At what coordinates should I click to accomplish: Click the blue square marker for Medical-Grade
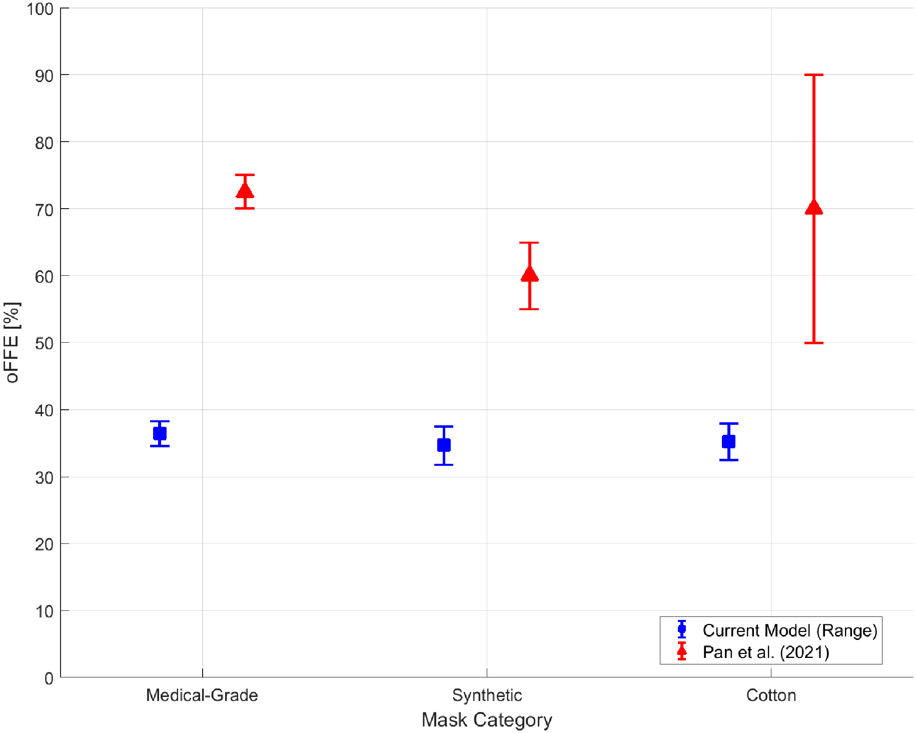point(160,433)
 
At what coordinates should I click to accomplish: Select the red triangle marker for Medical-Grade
point(245,191)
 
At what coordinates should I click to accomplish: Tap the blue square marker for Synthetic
point(444,445)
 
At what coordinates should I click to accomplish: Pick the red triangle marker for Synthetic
point(529,274)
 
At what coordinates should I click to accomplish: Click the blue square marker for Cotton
point(728,441)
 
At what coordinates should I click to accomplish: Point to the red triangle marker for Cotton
point(813,207)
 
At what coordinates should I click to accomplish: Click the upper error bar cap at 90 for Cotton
point(813,75)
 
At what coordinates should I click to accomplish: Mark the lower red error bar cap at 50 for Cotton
point(813,343)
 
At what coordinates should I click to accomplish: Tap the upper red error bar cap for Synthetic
point(529,243)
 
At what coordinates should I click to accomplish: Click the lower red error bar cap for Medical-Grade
point(245,208)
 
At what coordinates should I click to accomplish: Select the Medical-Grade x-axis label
point(202,695)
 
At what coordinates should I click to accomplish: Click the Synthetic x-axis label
point(487,695)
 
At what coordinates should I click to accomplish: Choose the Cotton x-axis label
point(771,695)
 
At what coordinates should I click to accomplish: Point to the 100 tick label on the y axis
point(40,9)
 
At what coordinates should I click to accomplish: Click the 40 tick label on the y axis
point(44,411)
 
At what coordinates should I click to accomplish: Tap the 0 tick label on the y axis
point(49,678)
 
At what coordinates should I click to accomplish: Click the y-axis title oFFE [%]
point(12,342)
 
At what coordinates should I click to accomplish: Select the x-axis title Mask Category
point(487,719)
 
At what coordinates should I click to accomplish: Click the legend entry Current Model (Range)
point(789,630)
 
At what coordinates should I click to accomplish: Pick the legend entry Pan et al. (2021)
point(765,652)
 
